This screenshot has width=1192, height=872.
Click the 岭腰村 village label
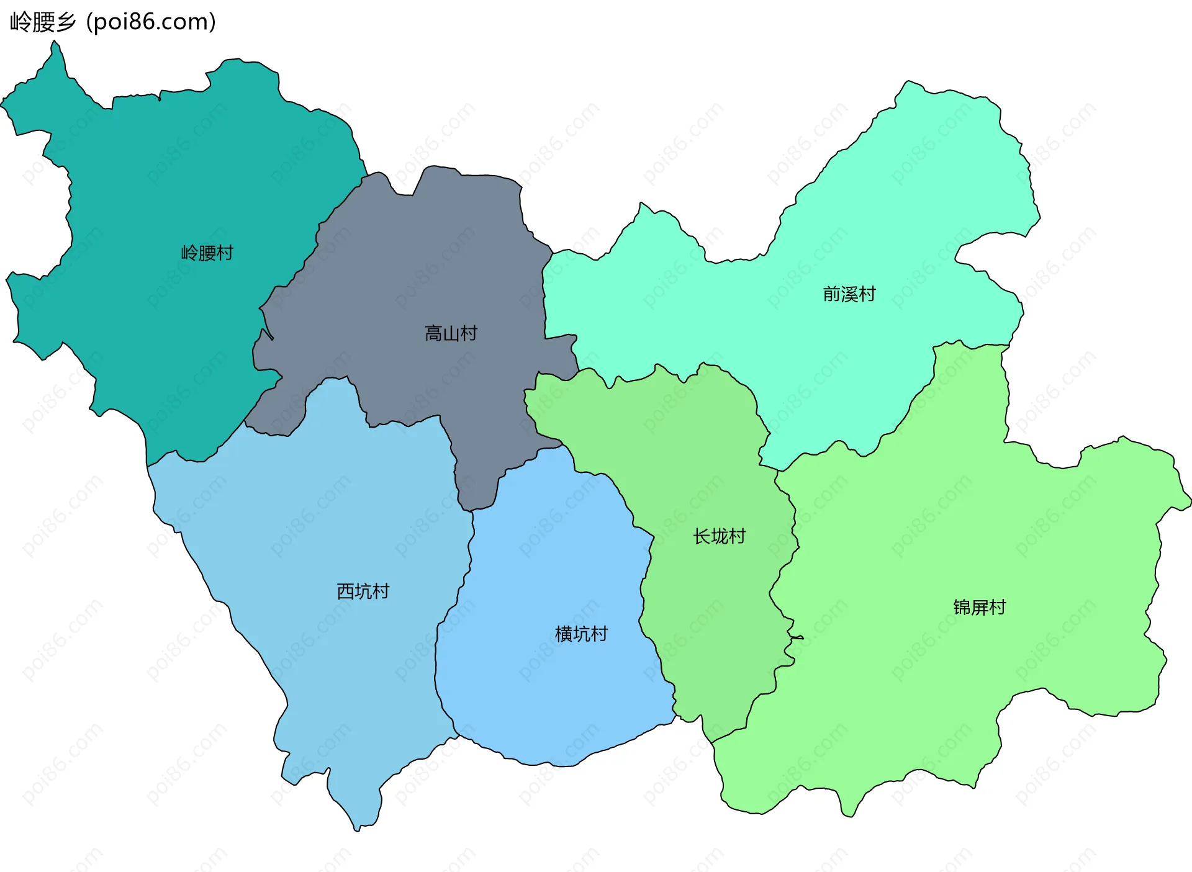[207, 253]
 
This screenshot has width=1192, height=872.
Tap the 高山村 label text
[451, 334]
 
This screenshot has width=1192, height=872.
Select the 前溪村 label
[849, 294]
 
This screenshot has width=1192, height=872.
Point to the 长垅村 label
[719, 536]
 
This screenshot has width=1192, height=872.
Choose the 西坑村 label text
[363, 591]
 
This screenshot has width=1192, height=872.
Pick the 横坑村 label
[581, 634]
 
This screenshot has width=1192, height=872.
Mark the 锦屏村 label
[979, 607]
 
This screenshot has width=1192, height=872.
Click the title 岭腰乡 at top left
[43, 22]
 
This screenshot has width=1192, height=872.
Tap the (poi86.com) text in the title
[151, 22]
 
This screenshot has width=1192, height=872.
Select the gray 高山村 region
[422, 261]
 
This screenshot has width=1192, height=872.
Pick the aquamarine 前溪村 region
[900, 205]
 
